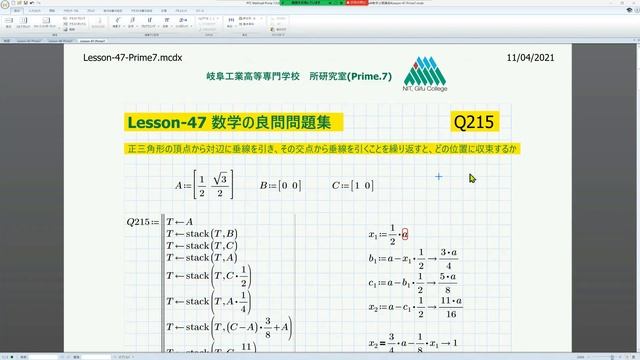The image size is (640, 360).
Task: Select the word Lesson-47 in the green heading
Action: (166, 122)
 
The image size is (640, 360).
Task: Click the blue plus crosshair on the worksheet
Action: (438, 177)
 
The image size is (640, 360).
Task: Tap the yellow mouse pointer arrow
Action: (473, 179)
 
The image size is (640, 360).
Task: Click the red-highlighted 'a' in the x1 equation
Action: (405, 233)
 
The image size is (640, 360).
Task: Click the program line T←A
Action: (182, 221)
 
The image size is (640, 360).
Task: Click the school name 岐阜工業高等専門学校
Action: (256, 76)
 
